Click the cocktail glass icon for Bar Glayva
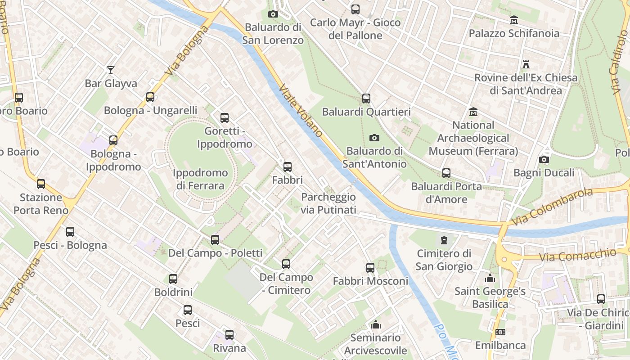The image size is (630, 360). coord(111,70)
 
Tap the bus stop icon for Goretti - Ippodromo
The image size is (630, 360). coord(225,118)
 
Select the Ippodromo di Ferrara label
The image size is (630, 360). coord(200,179)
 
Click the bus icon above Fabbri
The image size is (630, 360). coord(288,167)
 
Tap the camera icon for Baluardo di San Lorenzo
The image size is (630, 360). coord(273,14)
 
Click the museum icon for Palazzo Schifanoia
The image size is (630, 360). coord(514,20)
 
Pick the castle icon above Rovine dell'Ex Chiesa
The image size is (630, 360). coord(526,64)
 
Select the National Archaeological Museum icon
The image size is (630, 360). coord(473,112)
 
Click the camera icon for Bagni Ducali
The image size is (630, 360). coord(544,160)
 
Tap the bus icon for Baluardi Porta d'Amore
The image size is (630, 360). coord(446,173)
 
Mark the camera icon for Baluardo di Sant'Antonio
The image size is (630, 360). coord(374,138)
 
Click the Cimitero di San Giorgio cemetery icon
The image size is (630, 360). coord(444,240)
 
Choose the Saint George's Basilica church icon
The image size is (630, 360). coord(490,278)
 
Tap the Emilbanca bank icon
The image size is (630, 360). coord(500,332)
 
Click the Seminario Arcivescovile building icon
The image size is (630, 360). coord(376,324)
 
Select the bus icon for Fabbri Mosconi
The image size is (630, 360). coord(370,268)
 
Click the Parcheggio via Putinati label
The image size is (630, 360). coord(328,203)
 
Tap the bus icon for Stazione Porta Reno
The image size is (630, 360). coord(41,184)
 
